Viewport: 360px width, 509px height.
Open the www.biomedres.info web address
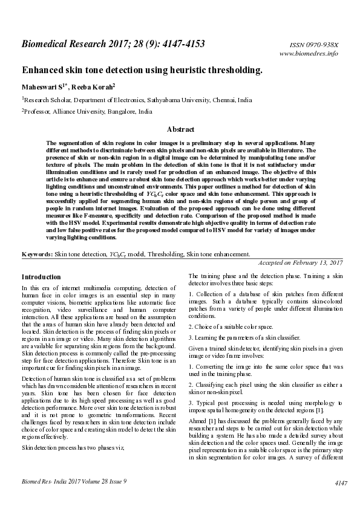pos(309,53)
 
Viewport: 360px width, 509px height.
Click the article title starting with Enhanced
pos(142,70)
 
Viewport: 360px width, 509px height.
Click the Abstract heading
pos(180,129)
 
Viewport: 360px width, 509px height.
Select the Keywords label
pos(37,255)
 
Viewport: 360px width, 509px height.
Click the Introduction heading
pos(41,277)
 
